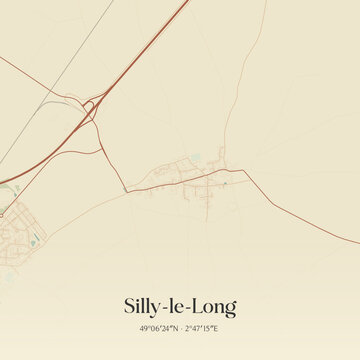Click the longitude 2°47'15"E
202,328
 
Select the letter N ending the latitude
174,328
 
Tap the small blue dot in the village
226,183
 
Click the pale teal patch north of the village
195,157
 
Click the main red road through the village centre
190,180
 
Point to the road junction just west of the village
127,189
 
